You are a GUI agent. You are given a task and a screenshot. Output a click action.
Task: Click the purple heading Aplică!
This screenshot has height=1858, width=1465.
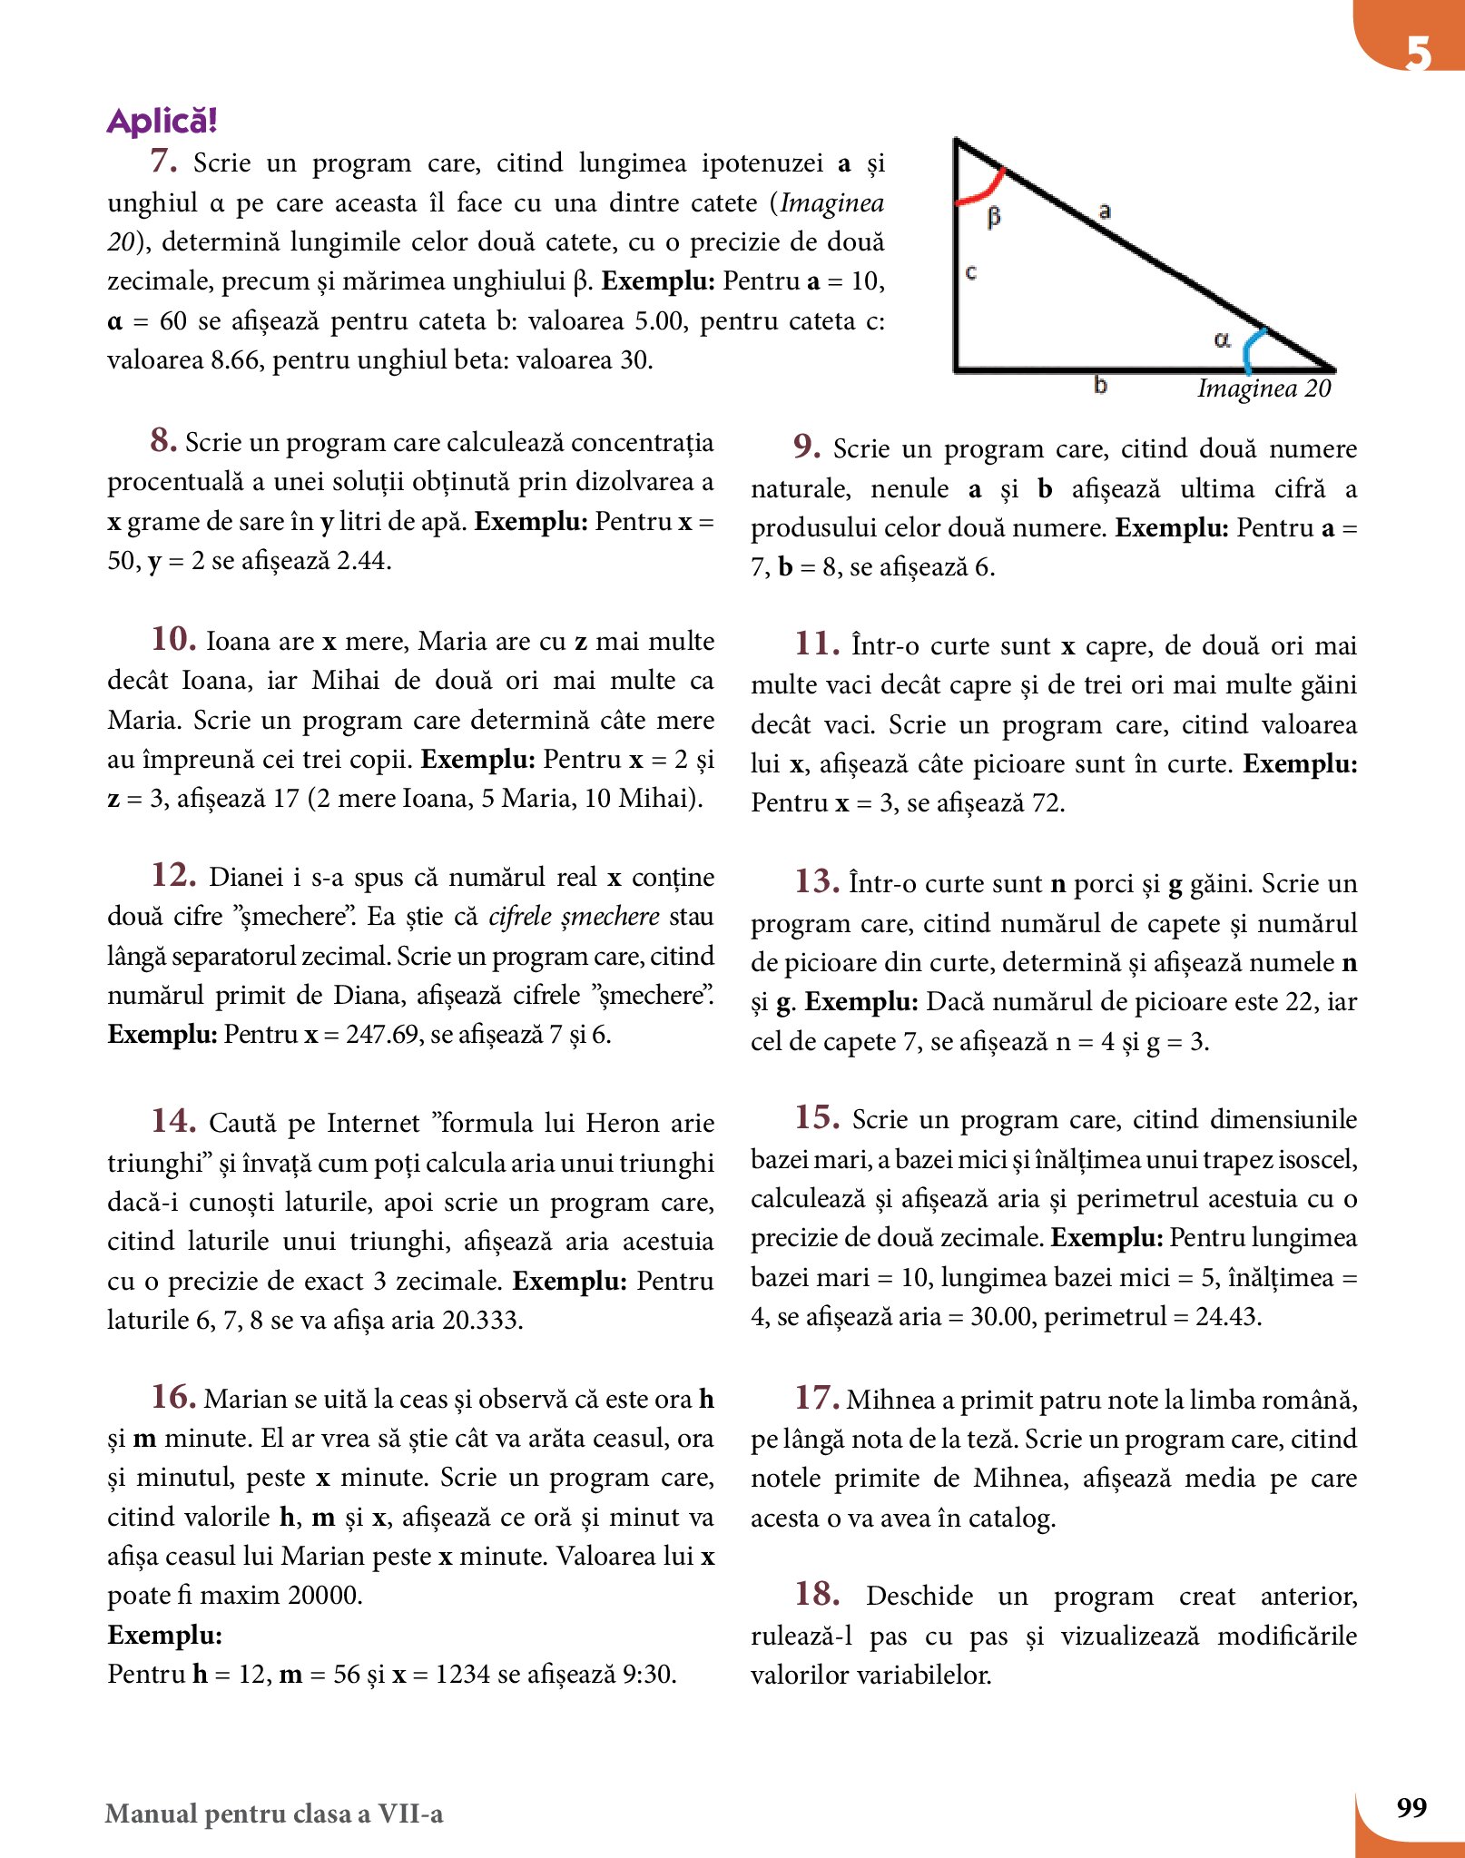pyautogui.click(x=162, y=121)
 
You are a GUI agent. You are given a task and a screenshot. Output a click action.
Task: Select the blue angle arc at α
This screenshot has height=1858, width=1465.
pyautogui.click(x=1254, y=349)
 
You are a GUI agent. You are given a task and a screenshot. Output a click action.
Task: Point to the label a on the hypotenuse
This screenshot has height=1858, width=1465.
pyautogui.click(x=1105, y=211)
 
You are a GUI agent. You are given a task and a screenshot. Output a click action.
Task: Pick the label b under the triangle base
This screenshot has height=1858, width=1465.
pyautogui.click(x=1100, y=385)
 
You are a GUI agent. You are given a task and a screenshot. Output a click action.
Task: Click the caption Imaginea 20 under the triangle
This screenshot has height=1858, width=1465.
pyautogui.click(x=1263, y=388)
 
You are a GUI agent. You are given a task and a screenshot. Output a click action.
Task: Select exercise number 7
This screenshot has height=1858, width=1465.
pyautogui.click(x=163, y=162)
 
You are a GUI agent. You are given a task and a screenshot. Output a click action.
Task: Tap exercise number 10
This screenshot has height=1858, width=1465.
pyautogui.click(x=173, y=639)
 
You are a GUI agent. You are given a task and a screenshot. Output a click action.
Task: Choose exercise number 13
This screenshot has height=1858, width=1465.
pyautogui.click(x=817, y=881)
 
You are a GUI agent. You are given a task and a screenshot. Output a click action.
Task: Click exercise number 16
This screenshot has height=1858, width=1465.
pyautogui.click(x=173, y=1397)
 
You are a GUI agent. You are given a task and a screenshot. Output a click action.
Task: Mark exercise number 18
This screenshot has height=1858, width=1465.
pyautogui.click(x=817, y=1594)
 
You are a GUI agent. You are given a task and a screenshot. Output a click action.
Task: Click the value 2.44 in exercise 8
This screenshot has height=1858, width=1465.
pyautogui.click(x=363, y=561)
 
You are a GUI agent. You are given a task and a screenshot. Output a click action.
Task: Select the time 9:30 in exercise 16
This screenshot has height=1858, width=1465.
pyautogui.click(x=648, y=1674)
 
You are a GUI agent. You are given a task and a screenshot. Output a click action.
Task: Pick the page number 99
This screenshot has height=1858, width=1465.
pyautogui.click(x=1411, y=1808)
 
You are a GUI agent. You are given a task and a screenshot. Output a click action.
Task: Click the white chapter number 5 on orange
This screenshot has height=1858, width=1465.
pyautogui.click(x=1418, y=53)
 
